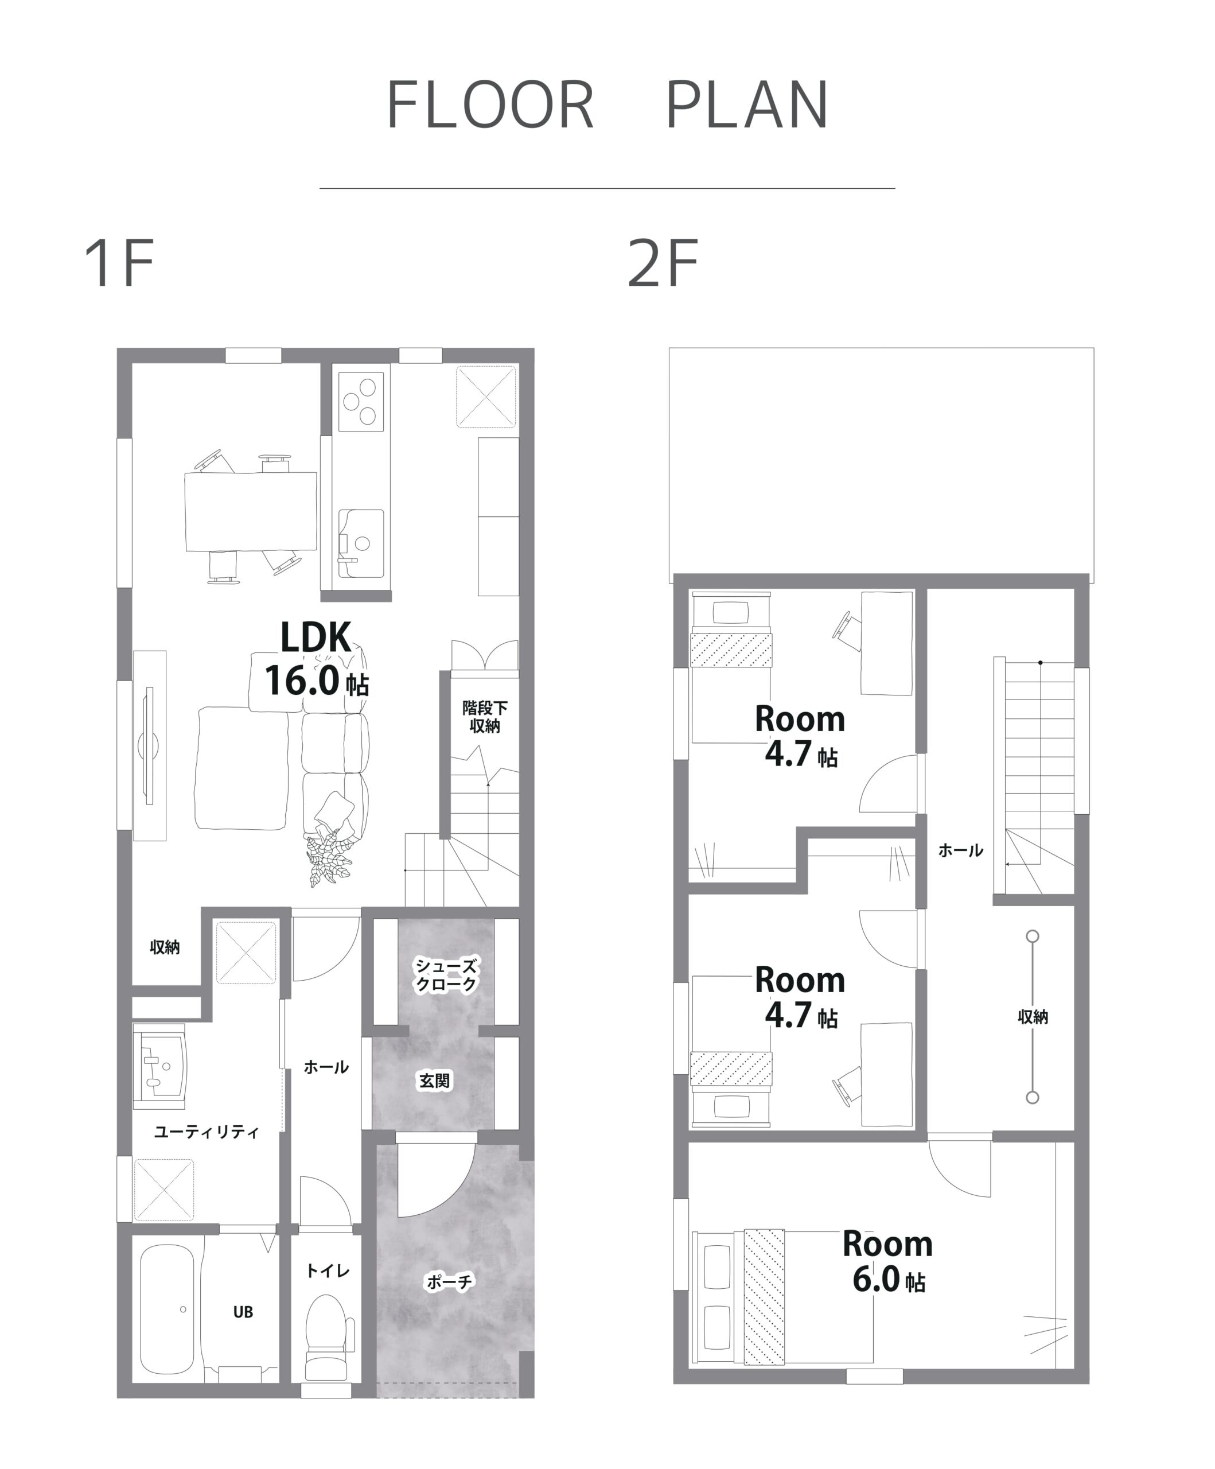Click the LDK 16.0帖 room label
316,658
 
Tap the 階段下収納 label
484,716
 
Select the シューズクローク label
446,974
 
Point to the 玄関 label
434,1080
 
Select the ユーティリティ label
207,1131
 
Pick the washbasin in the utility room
160,1066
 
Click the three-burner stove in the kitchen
361,402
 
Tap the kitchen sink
361,543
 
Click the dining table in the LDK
251,511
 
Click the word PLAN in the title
747,104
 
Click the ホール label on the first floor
326,1067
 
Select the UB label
243,1312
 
